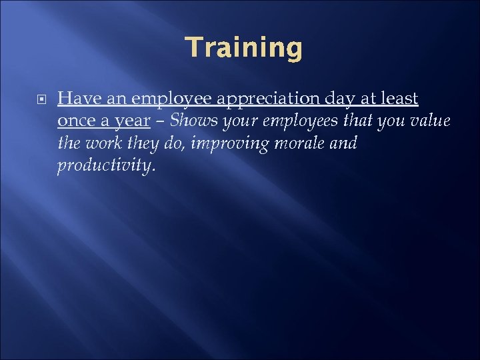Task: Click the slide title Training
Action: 243,48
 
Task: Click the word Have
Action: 75,99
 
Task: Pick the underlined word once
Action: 75,121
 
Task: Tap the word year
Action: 129,122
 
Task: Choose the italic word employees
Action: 297,122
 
